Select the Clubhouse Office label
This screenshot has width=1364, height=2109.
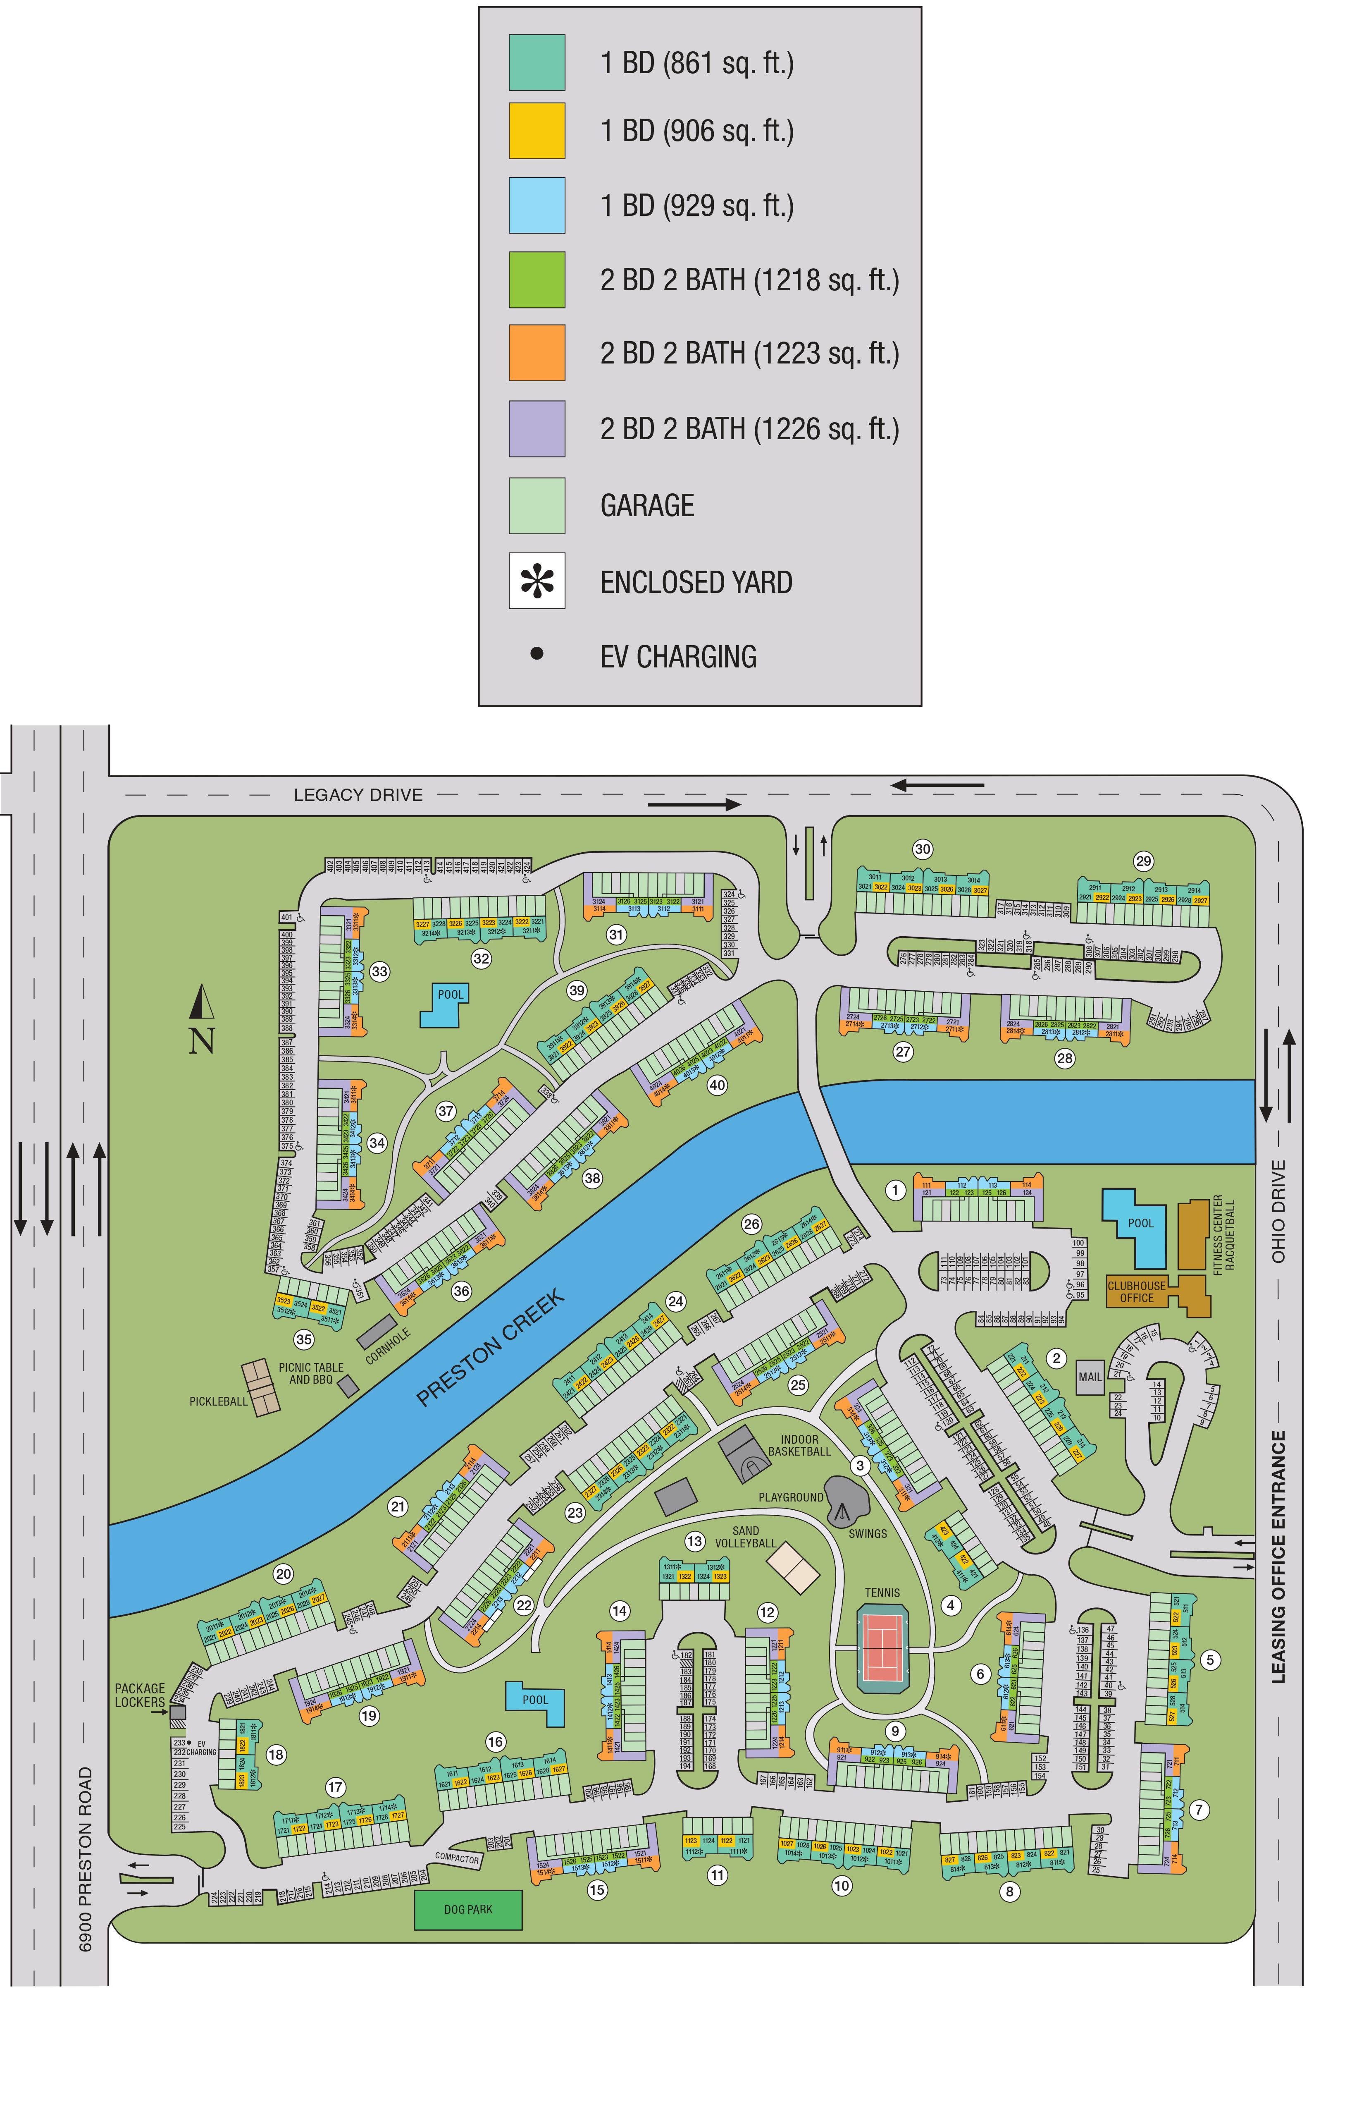point(1136,1291)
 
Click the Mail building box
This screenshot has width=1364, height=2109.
point(1090,1376)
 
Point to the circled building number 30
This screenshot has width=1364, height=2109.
point(922,849)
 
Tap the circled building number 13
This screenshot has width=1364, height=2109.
point(694,1541)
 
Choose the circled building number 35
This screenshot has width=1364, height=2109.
point(304,1339)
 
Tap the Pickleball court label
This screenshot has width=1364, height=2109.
point(218,1401)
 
